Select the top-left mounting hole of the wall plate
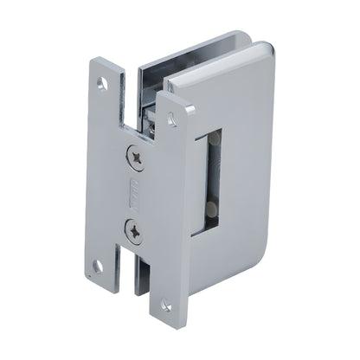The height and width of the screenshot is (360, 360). pos(101,85)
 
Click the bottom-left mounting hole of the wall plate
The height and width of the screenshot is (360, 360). pos(97,266)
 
